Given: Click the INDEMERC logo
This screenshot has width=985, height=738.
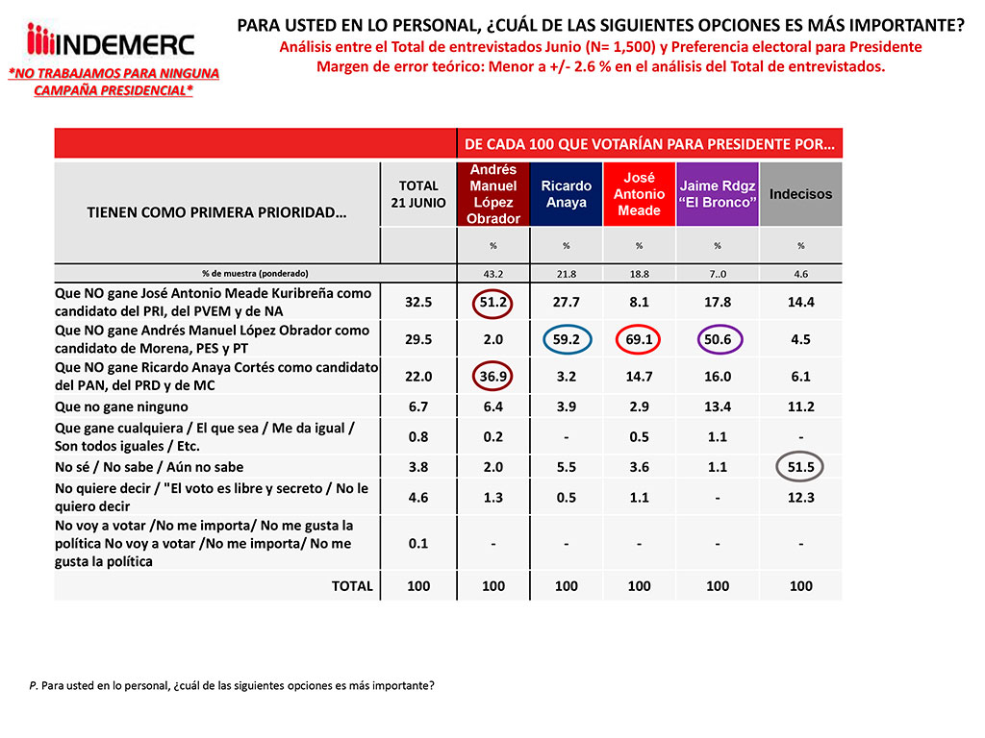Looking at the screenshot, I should point(111,43).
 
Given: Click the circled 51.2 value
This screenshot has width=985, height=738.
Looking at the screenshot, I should point(492,301).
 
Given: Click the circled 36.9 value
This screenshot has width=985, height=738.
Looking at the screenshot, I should point(492,375).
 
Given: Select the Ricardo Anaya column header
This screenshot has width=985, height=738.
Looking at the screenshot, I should point(566,194).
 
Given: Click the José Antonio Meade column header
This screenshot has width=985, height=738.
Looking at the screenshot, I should point(639,194).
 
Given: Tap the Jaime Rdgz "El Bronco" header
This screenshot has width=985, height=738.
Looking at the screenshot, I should point(718,194).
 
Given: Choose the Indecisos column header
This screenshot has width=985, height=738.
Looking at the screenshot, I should point(800,194).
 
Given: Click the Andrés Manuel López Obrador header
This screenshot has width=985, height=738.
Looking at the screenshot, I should point(492,194).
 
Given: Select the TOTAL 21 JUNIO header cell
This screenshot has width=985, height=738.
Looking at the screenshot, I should point(418,194).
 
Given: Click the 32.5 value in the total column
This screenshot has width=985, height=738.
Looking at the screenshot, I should point(418,301).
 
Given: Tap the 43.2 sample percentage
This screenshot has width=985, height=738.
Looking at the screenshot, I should point(492,273).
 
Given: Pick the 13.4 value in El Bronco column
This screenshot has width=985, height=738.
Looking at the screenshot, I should point(718,407).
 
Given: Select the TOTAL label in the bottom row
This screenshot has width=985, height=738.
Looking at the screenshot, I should point(351,586).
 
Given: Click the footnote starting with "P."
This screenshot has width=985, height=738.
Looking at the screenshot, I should point(231,686).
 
